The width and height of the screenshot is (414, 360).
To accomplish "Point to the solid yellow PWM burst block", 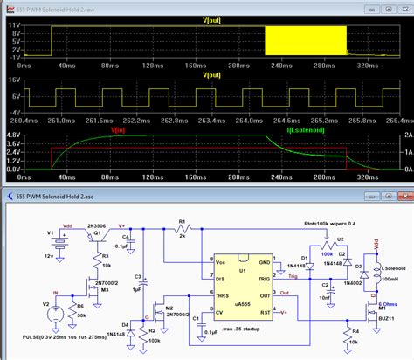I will (x=305, y=38).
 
